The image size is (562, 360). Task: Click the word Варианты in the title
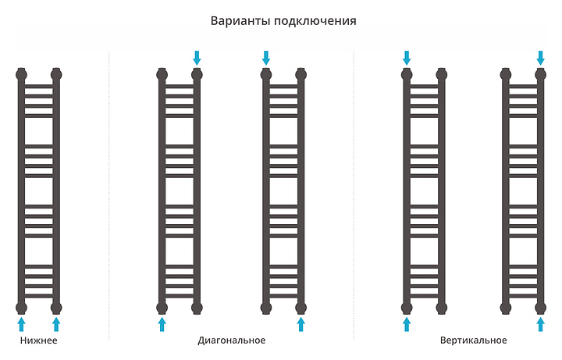[237, 21]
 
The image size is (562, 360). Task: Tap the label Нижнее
[39, 340]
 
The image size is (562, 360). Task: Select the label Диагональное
[232, 340]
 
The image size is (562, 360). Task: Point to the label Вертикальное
[473, 340]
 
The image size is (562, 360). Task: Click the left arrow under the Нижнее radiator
[21, 324]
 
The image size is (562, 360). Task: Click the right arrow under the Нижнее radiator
[56, 324]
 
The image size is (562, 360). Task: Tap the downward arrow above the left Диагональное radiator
[197, 57]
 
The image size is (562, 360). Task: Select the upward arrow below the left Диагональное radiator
[162, 324]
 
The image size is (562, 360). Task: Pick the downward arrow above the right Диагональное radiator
[266, 57]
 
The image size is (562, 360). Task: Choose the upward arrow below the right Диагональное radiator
[301, 324]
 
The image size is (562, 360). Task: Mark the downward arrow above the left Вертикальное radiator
[407, 57]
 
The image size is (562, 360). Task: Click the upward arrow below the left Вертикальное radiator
[407, 324]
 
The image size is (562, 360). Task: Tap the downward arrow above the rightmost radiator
[540, 57]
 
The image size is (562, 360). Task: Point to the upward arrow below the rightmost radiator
[540, 324]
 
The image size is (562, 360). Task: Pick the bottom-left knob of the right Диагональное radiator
[266, 307]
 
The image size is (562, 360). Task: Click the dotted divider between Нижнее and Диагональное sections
[109, 195]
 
